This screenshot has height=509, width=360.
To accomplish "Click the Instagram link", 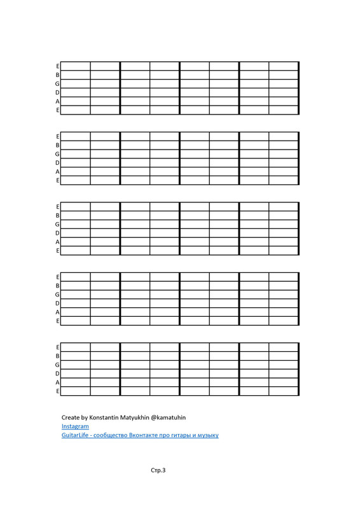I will [75, 426].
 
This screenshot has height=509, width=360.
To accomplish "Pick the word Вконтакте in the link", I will [146, 435].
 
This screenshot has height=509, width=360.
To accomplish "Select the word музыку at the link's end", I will [209, 435].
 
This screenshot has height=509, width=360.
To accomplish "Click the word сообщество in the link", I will [111, 435].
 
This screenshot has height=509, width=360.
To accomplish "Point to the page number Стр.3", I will [158, 471].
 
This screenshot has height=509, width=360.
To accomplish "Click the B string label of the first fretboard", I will [57, 74].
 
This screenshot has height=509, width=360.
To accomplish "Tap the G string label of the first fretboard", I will [57, 83].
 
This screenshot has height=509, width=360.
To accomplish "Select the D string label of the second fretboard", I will [57, 162].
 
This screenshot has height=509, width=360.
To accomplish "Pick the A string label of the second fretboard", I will [57, 171].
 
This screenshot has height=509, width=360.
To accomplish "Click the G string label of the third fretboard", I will [57, 224].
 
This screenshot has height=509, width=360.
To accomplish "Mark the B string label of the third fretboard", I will [57, 215].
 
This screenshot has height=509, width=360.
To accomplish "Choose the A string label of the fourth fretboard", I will [57, 312].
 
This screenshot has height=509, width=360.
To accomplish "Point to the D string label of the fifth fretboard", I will [57, 373].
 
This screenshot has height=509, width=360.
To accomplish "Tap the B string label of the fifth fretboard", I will [57, 355].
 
